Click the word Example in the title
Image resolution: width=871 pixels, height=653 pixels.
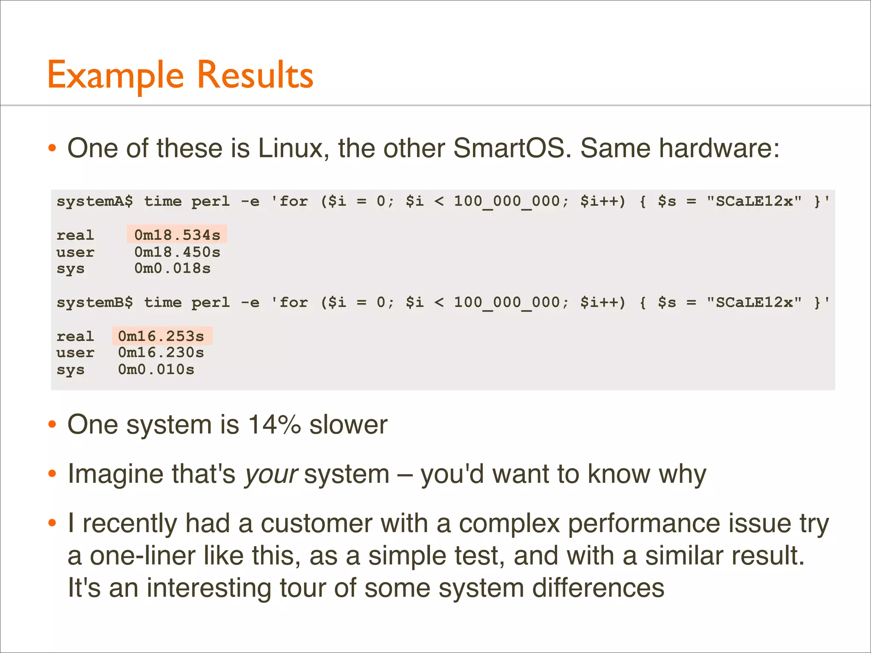click(x=116, y=76)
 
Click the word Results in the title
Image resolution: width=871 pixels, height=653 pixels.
click(x=255, y=76)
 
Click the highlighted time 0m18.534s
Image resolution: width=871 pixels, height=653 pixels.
click(x=177, y=235)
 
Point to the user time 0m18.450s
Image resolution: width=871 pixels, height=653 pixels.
click(x=177, y=252)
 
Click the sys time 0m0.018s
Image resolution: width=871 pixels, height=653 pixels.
click(x=172, y=269)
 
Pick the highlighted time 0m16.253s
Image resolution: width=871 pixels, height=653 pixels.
click(x=161, y=336)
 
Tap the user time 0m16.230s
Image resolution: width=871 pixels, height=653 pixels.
click(x=161, y=353)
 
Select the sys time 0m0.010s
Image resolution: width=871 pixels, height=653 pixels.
click(x=156, y=369)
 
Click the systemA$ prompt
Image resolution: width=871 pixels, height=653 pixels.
click(x=94, y=201)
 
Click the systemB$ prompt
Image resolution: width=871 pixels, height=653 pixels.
click(x=94, y=302)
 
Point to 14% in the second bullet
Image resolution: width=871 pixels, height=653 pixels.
click(x=274, y=425)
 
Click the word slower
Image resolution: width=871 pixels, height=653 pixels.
click(x=348, y=425)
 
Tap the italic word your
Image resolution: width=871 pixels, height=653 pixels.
click(x=271, y=474)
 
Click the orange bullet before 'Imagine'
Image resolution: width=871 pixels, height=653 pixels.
click(x=52, y=474)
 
